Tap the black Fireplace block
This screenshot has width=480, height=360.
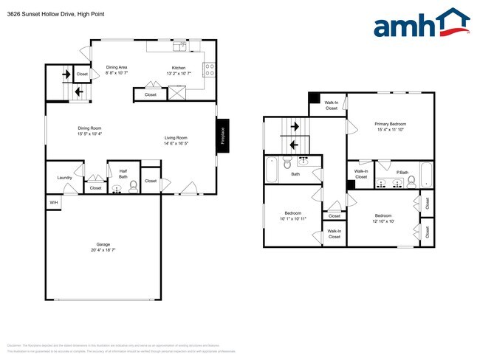coord(222,136)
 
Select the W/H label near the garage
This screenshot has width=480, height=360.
coord(53,202)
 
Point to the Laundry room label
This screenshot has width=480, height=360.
coord(64,177)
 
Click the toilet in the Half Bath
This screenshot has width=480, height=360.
coord(133,187)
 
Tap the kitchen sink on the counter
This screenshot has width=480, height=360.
coord(179,46)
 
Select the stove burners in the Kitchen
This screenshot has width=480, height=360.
coord(209,71)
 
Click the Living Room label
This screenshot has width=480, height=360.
coord(176,138)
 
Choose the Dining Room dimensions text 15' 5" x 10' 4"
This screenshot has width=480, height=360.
coord(89,134)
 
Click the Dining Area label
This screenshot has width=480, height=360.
coord(117,67)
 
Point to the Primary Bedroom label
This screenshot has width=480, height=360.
coord(391,124)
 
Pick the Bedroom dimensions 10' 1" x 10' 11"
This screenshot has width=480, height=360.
coord(292,219)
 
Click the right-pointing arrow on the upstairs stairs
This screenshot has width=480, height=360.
coord(295,126)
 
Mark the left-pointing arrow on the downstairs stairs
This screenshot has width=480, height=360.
coord(78,91)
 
